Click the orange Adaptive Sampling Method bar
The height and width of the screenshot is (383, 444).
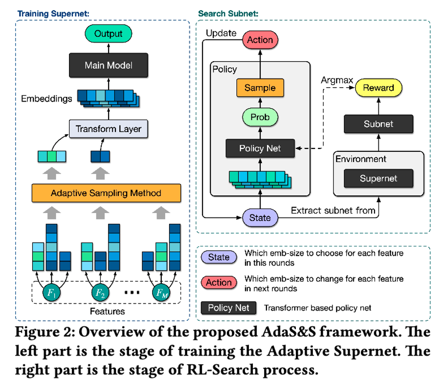tap(106, 193)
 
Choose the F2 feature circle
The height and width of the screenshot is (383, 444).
tap(101, 293)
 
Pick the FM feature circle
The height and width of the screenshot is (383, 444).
tap(160, 293)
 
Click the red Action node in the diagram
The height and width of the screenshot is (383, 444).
tap(260, 40)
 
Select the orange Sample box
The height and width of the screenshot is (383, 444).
tap(260, 89)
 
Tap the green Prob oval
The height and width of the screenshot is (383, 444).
tap(260, 118)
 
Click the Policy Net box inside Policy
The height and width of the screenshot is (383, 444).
tap(260, 148)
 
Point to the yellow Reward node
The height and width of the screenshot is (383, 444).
tap(378, 88)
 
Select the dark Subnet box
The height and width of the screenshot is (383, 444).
tap(378, 124)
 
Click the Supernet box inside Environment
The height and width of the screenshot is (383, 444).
tap(378, 178)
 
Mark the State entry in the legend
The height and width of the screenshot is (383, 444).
tap(219, 257)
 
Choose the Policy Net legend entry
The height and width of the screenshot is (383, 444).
tap(228, 308)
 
